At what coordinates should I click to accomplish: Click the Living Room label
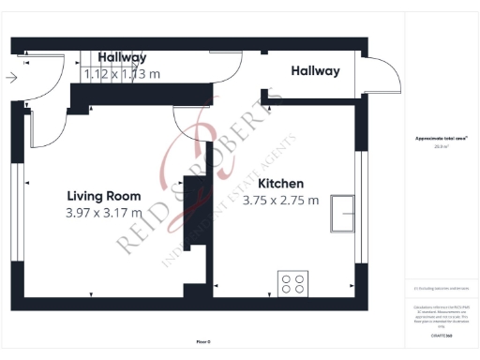(x=104, y=196)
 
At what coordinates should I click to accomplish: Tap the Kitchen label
(x=280, y=184)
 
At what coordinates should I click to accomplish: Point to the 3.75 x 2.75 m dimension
(x=280, y=200)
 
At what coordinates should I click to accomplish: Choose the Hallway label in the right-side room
(x=315, y=71)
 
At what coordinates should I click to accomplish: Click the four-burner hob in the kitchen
(x=293, y=281)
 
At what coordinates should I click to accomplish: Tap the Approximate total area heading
(x=442, y=139)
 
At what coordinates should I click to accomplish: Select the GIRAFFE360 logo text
(x=442, y=335)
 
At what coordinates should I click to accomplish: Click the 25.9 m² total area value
(x=442, y=146)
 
